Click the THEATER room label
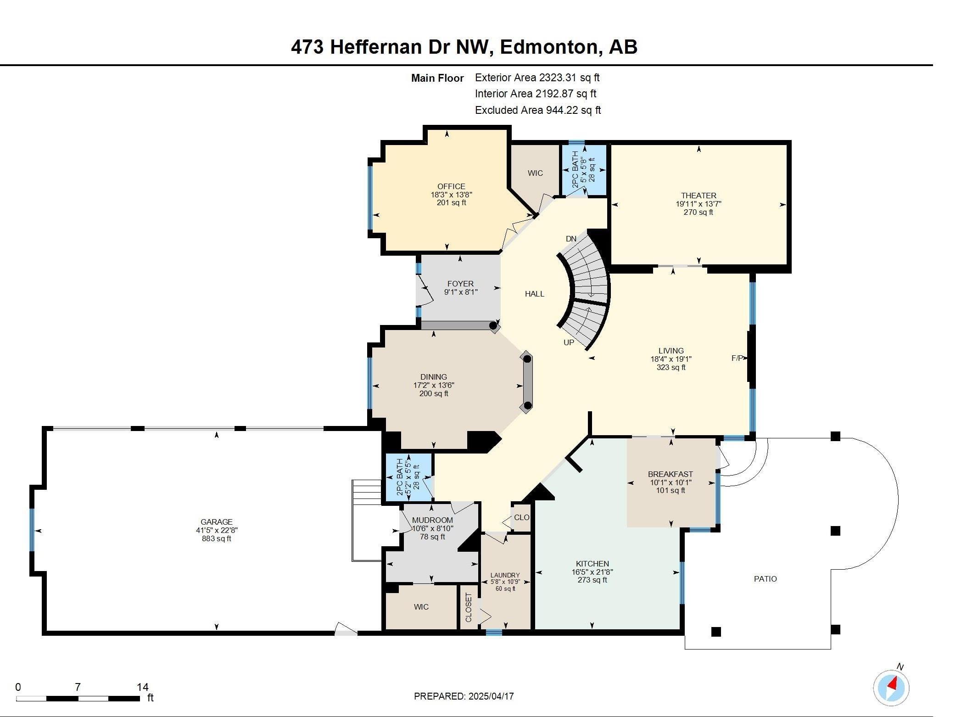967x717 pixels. [699, 196]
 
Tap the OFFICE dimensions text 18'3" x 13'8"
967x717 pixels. [451, 195]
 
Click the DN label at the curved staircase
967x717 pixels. [571, 239]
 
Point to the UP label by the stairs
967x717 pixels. [569, 342]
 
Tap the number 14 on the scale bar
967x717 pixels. [143, 687]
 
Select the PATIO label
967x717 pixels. [765, 579]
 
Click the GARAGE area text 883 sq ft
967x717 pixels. [217, 538]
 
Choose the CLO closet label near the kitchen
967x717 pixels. [521, 517]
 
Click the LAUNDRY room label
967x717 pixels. [505, 575]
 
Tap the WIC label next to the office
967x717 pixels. [535, 173]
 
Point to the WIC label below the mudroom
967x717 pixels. [421, 607]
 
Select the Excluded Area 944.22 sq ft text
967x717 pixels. [537, 110]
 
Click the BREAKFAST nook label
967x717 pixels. [670, 474]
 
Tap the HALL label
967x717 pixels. [534, 294]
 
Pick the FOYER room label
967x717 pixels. [460, 284]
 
